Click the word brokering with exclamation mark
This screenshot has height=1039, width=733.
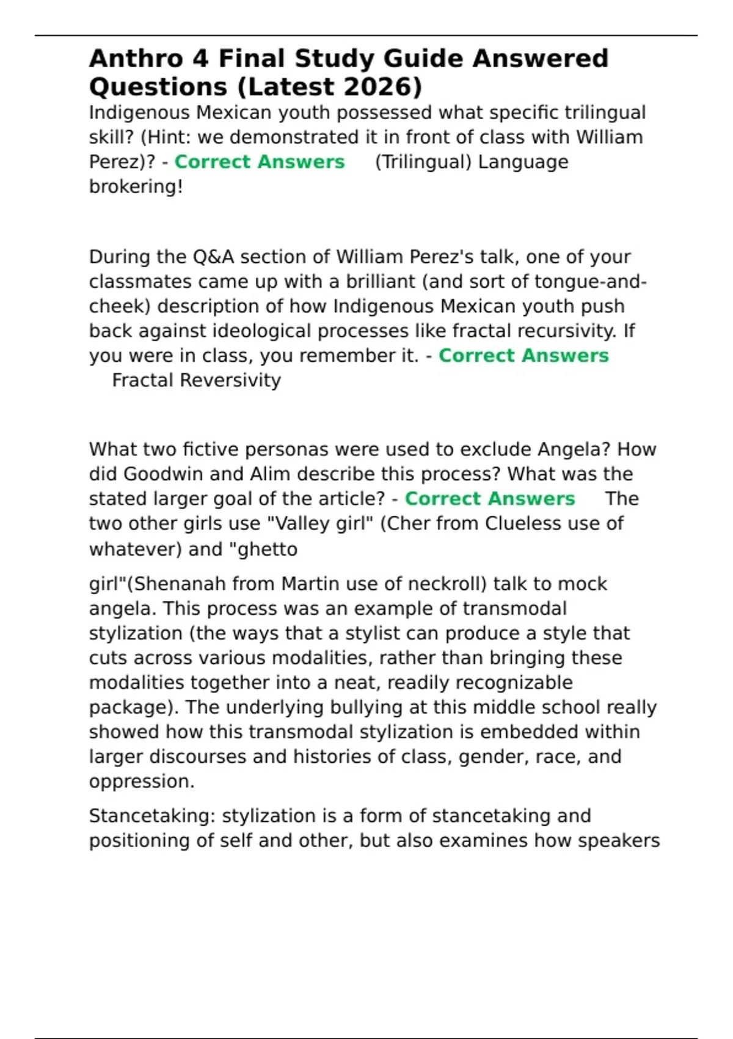(136, 186)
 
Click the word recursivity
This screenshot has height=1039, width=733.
(567, 331)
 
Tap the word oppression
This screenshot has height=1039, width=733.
(141, 781)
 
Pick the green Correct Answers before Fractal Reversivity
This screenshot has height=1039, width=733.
(523, 355)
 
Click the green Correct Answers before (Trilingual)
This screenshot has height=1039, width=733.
(260, 161)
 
